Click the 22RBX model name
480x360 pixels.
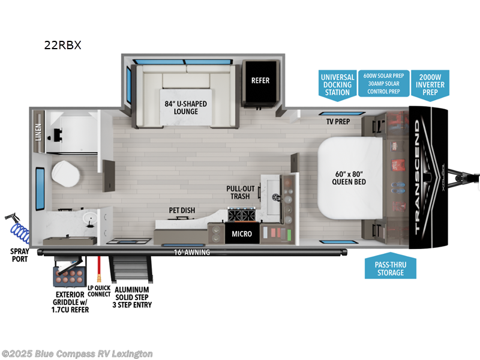click(x=61, y=44)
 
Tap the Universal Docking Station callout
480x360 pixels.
click(x=337, y=85)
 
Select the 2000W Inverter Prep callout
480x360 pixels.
click(x=430, y=85)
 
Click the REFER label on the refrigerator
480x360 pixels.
click(x=260, y=80)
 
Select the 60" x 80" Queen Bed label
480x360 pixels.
click(x=349, y=178)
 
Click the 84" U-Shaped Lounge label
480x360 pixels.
click(x=185, y=108)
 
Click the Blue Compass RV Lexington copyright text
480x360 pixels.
click(x=77, y=353)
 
